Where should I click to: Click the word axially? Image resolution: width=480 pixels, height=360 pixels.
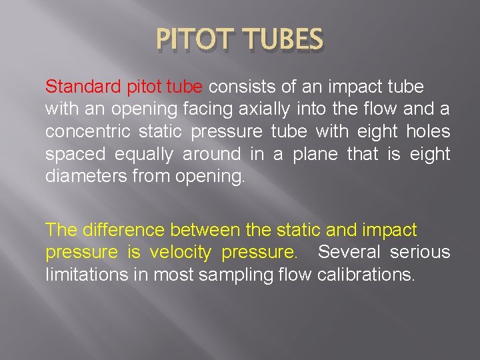coord(261,109)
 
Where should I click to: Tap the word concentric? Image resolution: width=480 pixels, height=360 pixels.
coord(88,131)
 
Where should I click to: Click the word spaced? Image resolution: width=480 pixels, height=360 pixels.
coord(75,154)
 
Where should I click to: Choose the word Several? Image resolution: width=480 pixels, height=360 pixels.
coord(349,253)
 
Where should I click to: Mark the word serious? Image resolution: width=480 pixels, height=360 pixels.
coord(420,253)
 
